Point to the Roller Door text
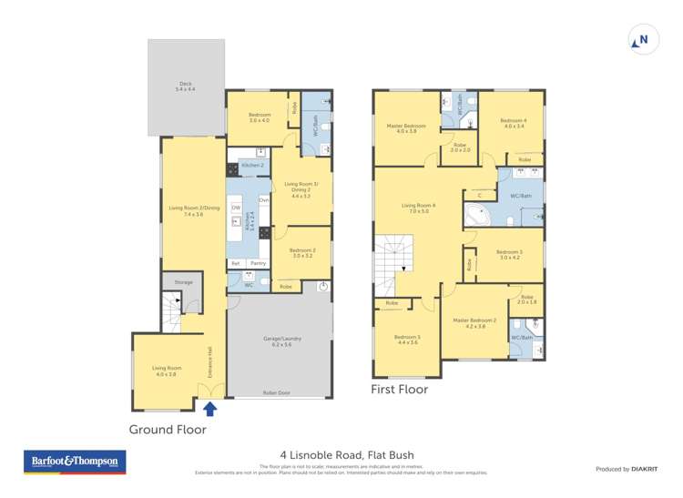pos(277,393)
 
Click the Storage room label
pos(183,282)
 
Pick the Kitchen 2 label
pos(252,166)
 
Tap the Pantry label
pos(258,263)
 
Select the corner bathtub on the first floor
pos(477,216)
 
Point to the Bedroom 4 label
pos(513,123)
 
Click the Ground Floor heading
pos(168,430)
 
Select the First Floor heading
pos(399,389)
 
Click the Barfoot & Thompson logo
pos(75,462)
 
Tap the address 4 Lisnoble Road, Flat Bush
pos(341,461)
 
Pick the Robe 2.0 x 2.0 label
pos(460,147)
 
